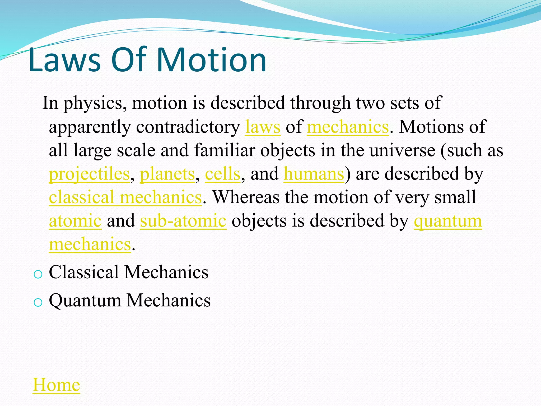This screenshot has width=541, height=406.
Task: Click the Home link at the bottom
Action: (x=56, y=385)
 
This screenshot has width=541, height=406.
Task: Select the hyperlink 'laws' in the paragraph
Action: (x=263, y=127)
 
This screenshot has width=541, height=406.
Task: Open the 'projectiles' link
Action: (x=89, y=174)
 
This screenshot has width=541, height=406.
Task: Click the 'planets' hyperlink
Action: (x=167, y=174)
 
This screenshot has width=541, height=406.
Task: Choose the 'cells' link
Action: (x=222, y=174)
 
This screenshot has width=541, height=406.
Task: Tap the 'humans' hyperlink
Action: (x=314, y=174)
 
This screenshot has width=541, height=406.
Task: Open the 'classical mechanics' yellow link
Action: (x=125, y=198)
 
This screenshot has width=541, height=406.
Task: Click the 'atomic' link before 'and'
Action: (x=75, y=221)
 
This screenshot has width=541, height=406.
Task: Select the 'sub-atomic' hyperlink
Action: (x=183, y=221)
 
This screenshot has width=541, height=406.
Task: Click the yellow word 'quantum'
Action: (x=448, y=221)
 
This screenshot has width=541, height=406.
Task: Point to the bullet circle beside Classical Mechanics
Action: (x=38, y=274)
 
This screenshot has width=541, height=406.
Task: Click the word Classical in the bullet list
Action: (x=84, y=272)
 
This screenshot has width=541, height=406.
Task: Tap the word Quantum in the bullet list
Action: (x=85, y=301)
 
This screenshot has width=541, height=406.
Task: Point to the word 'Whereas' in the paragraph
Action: (x=246, y=197)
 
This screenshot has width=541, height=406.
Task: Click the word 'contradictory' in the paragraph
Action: (x=188, y=127)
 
